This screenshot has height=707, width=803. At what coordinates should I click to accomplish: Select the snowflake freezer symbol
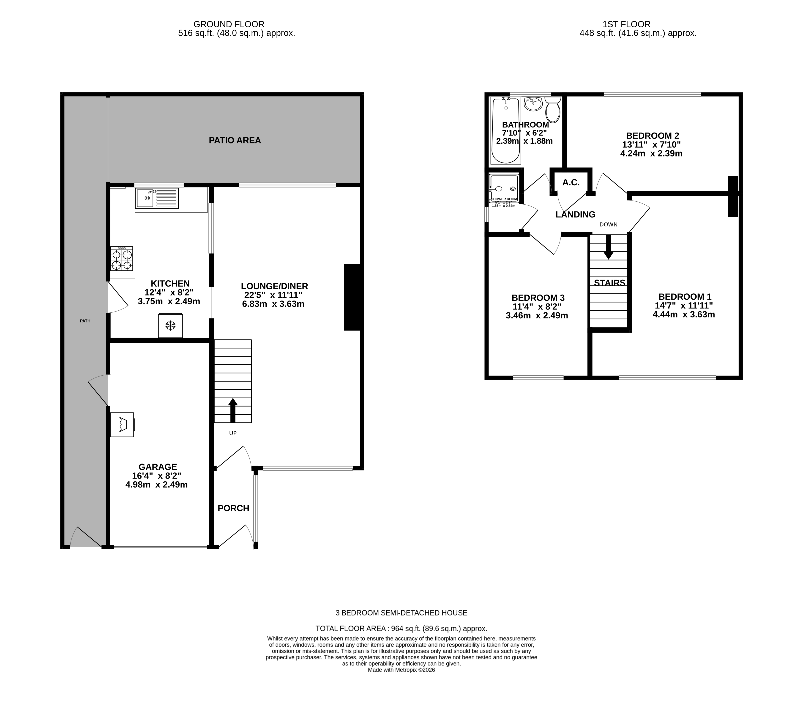[x=170, y=325]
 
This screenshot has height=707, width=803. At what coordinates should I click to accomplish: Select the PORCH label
[x=233, y=508]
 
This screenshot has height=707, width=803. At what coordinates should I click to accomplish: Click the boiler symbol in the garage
[x=122, y=424]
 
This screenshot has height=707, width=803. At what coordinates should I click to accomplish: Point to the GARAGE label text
[x=158, y=467]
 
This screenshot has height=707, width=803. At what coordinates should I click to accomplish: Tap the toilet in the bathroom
[x=553, y=110]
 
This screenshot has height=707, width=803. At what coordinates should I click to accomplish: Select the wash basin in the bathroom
[x=533, y=104]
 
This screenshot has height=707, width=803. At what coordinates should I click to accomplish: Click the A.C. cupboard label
[x=571, y=183]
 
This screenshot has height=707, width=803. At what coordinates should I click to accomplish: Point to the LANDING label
[x=575, y=214]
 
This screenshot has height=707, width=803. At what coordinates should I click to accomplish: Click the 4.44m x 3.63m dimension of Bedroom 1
[x=684, y=314]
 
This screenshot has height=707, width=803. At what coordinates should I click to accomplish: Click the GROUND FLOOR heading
[x=229, y=24]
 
